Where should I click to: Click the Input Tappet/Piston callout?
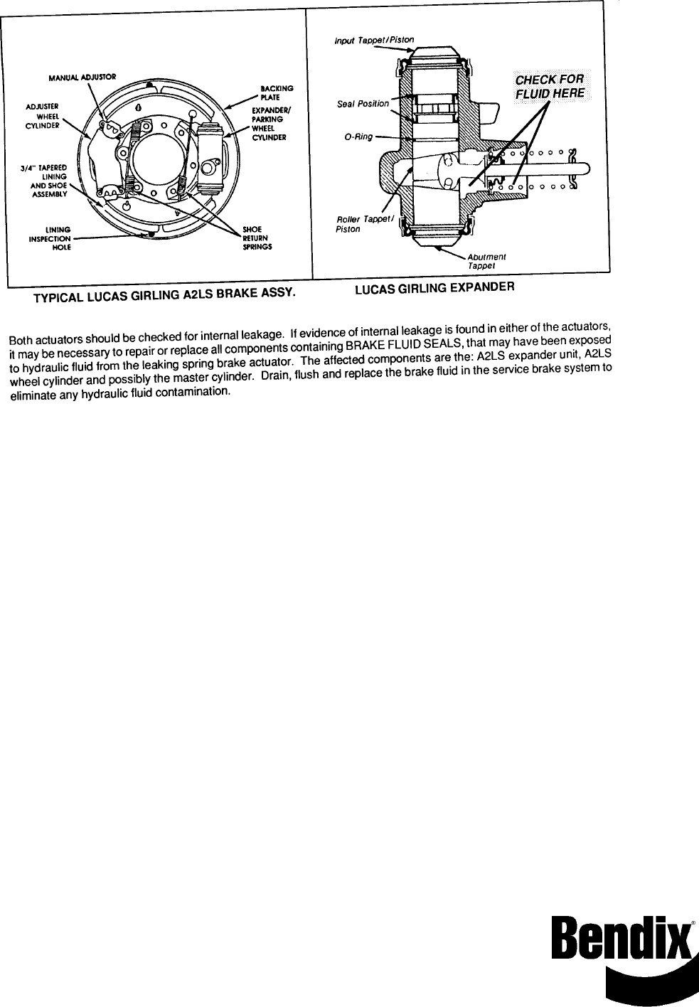[374, 39]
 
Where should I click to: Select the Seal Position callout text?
[363, 104]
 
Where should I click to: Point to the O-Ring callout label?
[358, 137]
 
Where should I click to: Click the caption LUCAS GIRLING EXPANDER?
[434, 287]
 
